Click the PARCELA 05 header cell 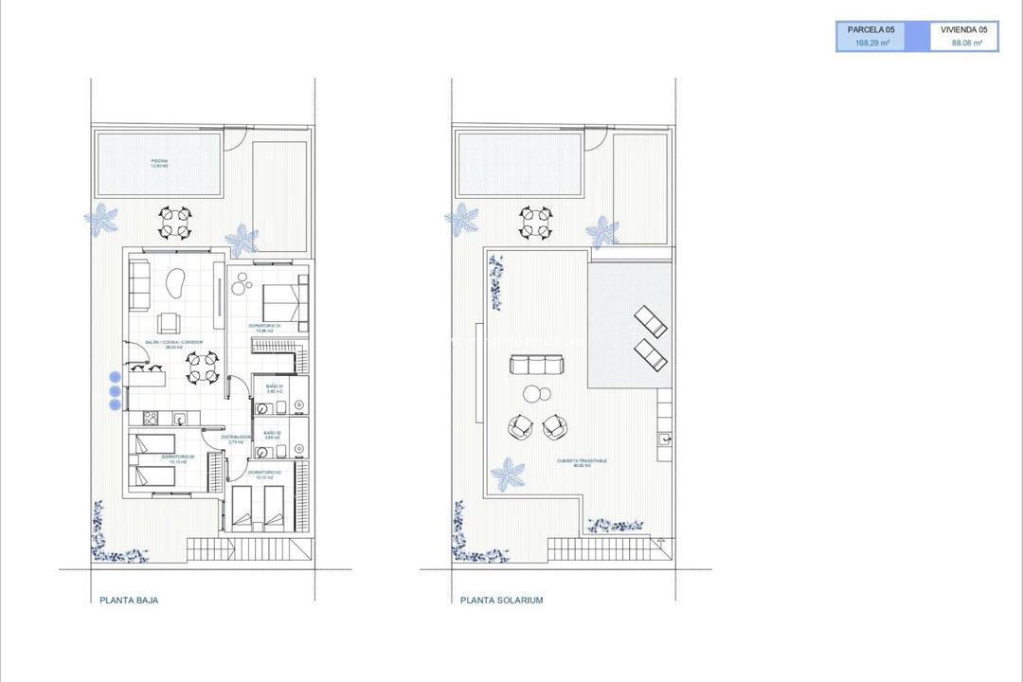[x=870, y=30]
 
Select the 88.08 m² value [x=965, y=43]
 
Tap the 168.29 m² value [x=870, y=43]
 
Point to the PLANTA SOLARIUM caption [x=501, y=600]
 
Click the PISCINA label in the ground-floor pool [x=159, y=163]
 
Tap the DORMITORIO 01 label [x=265, y=328]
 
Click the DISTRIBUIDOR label [x=235, y=439]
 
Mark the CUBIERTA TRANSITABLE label [x=582, y=463]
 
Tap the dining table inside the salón [x=202, y=368]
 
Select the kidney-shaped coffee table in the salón [x=176, y=282]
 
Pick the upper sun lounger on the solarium [x=650, y=320]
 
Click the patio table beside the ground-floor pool [x=175, y=224]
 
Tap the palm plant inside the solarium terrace [x=508, y=473]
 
